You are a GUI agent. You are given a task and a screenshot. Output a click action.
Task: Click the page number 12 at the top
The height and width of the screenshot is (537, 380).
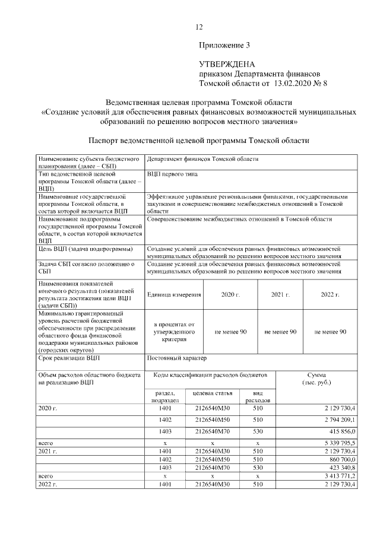pos(199,27)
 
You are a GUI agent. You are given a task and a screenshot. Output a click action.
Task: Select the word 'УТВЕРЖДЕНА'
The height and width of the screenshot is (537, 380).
pos(227,63)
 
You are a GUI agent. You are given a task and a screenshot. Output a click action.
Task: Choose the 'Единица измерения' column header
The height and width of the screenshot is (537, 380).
pos(175,294)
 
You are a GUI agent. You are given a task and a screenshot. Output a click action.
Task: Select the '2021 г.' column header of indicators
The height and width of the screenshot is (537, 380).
pos(280,294)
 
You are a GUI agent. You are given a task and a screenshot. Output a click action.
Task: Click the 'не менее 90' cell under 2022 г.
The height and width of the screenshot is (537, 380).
pos(330,332)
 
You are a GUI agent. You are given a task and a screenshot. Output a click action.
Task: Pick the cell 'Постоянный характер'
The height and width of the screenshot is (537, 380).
pos(176,358)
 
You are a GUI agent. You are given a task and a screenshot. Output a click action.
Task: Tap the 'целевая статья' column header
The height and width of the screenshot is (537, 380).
pos(213,393)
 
